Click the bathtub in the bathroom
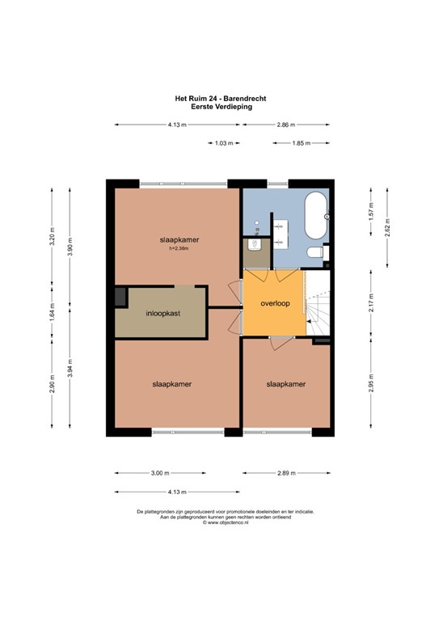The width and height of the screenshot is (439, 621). pos(314,216)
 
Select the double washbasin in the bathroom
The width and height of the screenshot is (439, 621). pos(280,231)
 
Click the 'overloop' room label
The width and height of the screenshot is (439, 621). pos(274,303)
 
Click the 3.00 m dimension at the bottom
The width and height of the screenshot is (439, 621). pos(161,473)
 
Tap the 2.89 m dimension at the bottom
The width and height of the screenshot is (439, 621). pos(285,473)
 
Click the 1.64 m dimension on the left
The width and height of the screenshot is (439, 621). pos(53,313)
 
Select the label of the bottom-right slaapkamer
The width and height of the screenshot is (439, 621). pos(285,384)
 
